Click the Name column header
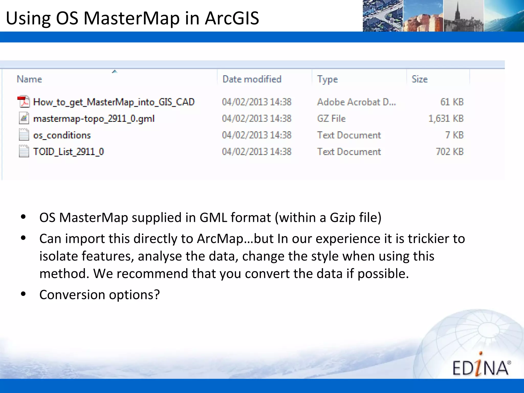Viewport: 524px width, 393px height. [29, 79]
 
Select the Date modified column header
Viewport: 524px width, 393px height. [252, 79]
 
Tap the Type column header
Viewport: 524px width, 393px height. [327, 79]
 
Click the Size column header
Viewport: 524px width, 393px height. [419, 79]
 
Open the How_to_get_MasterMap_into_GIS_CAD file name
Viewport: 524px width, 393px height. [114, 102]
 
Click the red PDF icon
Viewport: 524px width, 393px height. [23, 102]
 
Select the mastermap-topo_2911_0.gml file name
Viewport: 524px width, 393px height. [94, 119]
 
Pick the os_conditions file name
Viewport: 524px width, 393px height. [62, 135]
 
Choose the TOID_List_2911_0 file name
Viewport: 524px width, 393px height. [69, 152]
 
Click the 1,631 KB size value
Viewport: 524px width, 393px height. [446, 118]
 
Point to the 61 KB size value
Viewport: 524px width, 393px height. [452, 102]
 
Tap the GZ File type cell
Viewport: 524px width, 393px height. [331, 118]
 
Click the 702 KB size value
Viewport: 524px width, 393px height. [450, 152]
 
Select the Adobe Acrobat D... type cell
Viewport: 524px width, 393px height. [356, 102]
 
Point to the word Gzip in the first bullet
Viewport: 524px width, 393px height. [343, 218]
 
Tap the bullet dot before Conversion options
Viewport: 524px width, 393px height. [23, 294]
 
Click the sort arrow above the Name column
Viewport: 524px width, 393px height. [115, 71]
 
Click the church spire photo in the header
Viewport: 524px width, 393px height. [463, 16]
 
